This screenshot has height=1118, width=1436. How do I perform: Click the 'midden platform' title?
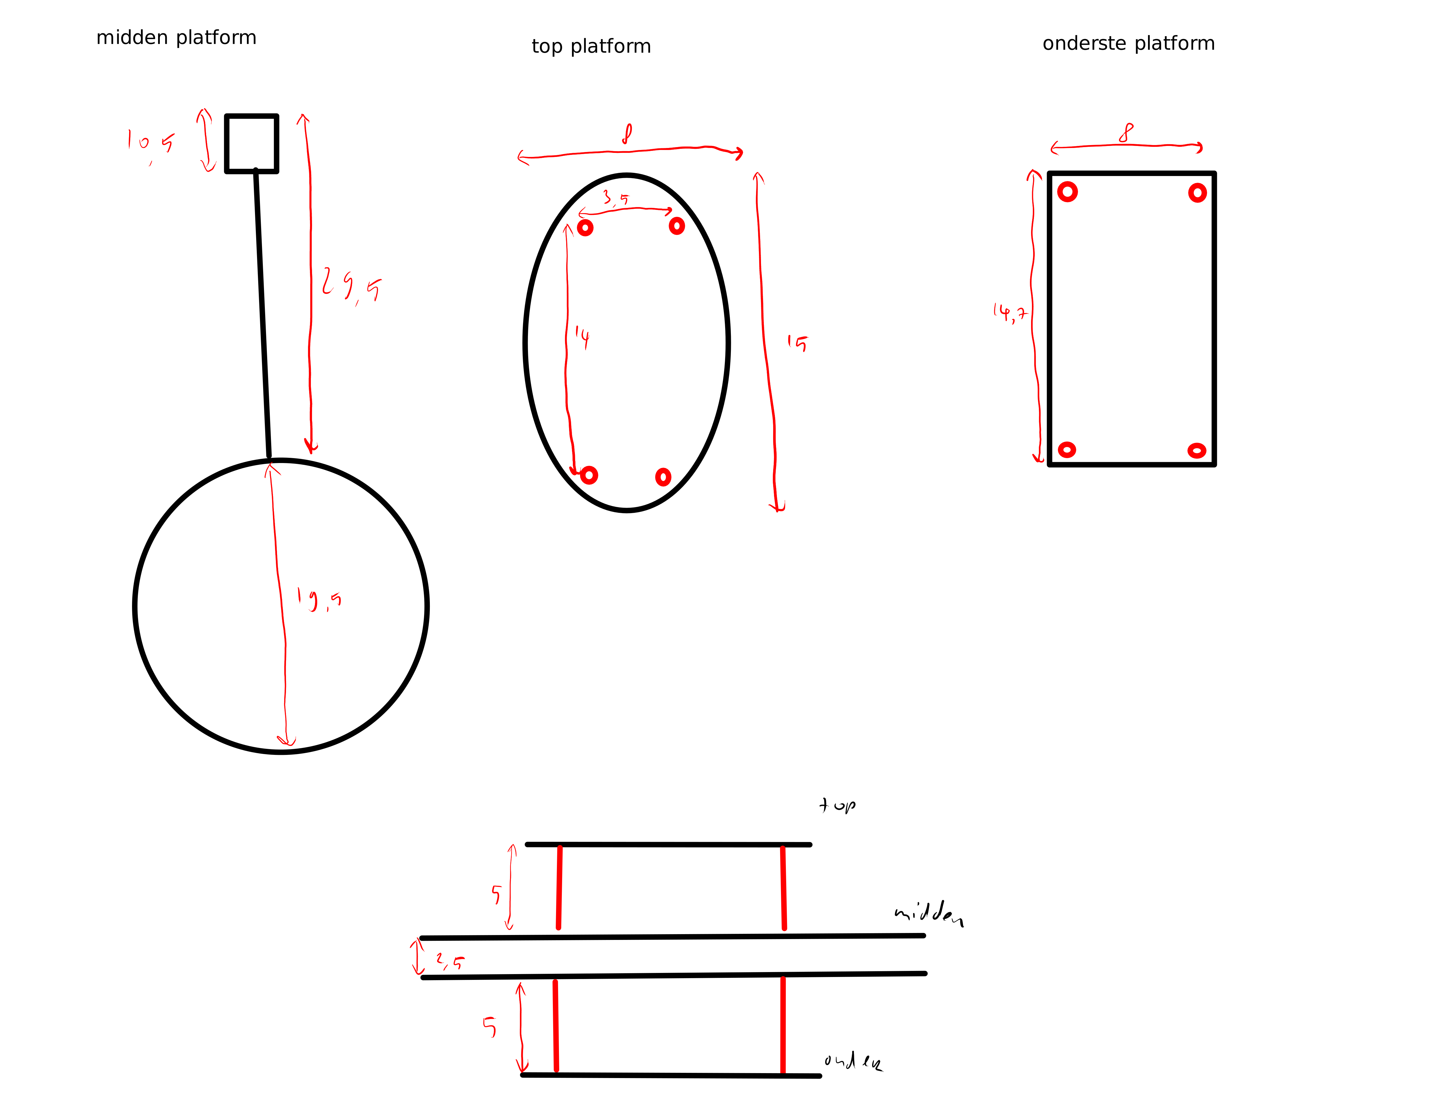[176, 37]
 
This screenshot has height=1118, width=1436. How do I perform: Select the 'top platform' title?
[591, 46]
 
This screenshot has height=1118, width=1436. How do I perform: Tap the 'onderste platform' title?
[1128, 43]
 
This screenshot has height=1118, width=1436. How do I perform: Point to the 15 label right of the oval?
[797, 343]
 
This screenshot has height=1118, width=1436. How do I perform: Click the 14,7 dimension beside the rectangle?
[1010, 312]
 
